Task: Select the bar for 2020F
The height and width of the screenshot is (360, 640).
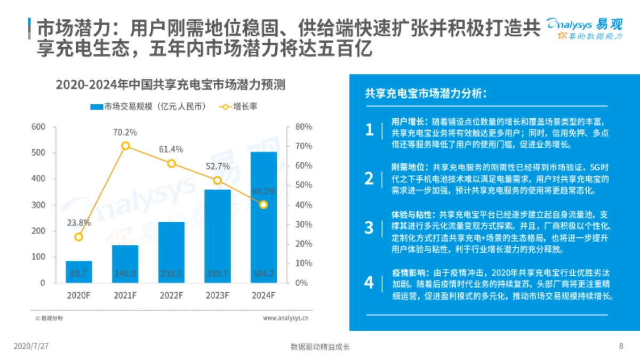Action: tap(79, 271)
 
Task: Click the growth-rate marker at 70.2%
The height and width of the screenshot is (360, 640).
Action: tap(125, 146)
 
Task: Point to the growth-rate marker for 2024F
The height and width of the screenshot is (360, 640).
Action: tap(263, 204)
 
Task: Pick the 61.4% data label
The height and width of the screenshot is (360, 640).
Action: tap(171, 149)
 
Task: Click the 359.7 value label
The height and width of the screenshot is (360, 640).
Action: tap(218, 274)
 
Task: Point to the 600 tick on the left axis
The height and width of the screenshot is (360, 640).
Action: tap(38, 127)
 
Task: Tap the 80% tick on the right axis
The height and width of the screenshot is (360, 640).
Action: tap(303, 127)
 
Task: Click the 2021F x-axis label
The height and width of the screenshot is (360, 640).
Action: tap(125, 295)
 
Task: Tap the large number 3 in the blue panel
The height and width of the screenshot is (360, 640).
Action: tap(369, 227)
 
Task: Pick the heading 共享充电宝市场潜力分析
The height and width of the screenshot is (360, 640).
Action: tap(425, 93)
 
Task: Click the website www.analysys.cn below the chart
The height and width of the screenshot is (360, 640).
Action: tap(285, 318)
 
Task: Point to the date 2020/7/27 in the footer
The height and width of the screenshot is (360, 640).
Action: tap(31, 346)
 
